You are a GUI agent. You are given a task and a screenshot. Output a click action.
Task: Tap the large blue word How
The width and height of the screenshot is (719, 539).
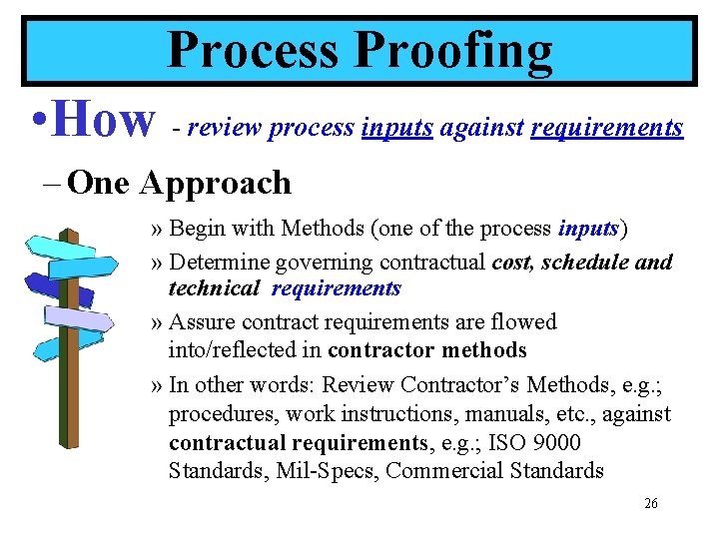click(x=103, y=120)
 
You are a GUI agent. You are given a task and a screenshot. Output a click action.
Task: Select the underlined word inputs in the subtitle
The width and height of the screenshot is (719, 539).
click(x=396, y=128)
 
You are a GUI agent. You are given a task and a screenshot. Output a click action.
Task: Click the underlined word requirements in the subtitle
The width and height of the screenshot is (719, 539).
click(x=607, y=128)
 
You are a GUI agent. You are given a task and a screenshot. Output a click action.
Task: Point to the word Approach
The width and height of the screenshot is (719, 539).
click(x=216, y=183)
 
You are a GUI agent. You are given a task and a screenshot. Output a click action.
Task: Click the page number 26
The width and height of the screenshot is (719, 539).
click(x=651, y=504)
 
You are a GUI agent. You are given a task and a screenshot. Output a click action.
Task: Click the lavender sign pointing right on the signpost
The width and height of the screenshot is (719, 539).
click(x=80, y=318)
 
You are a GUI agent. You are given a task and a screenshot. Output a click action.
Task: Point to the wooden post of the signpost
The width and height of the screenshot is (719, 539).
click(x=72, y=419)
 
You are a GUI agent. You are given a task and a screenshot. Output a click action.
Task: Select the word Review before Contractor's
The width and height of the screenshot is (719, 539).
click(x=359, y=384)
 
